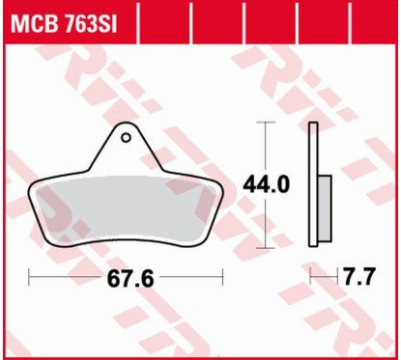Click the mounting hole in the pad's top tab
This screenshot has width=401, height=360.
pyautogui.click(x=126, y=137)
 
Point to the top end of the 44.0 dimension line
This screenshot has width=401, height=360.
pyautogui.click(x=266, y=125)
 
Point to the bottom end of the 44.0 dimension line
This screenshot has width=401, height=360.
pyautogui.click(x=266, y=247)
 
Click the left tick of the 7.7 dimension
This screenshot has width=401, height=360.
pyautogui.click(x=309, y=278)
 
